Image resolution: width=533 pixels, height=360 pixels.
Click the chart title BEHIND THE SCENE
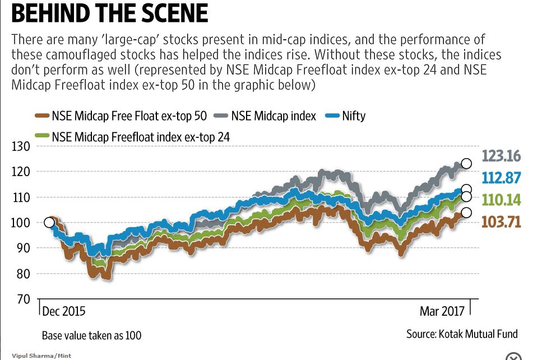(109, 15)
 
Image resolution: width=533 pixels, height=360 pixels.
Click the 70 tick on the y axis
(22, 299)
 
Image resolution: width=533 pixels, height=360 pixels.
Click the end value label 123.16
(500, 156)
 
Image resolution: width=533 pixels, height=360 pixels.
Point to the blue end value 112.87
(500, 178)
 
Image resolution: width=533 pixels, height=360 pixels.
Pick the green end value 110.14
(500, 200)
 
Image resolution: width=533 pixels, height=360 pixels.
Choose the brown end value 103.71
(500, 221)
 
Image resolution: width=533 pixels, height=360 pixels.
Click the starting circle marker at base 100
(49, 223)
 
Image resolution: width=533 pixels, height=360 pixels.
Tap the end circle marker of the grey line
(466, 163)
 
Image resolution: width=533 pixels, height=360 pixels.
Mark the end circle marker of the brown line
(466, 213)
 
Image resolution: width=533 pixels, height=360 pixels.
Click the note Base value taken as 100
(92, 336)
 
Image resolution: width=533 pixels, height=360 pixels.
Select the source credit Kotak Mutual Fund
(462, 334)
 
